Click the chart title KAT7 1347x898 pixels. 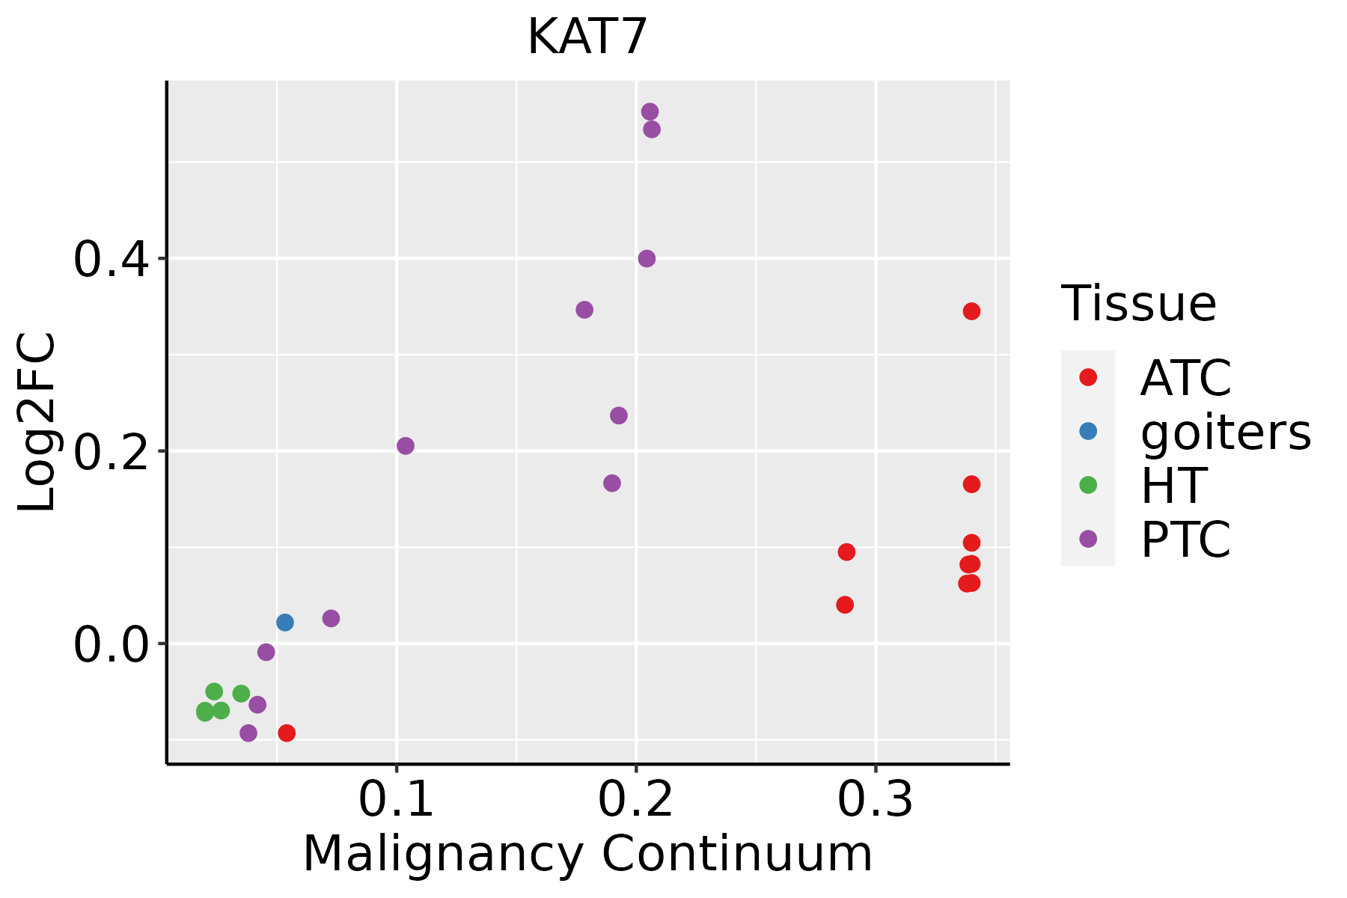[587, 37]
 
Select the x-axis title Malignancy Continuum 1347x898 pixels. [587, 854]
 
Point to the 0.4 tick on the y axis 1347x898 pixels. [112, 259]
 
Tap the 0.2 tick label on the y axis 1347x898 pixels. [112, 451]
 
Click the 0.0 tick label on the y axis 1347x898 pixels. [112, 644]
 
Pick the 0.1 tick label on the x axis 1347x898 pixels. [396, 800]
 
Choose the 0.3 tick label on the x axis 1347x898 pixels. [875, 800]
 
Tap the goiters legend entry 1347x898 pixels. [1225, 432]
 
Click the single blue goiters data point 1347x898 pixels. [285, 623]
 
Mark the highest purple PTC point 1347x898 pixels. [650, 112]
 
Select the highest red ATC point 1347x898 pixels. [971, 311]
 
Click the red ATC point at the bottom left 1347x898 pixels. [287, 733]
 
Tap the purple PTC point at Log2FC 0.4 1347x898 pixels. [647, 259]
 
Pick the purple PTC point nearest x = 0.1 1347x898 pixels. [406, 446]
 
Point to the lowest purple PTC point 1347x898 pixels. [248, 733]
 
